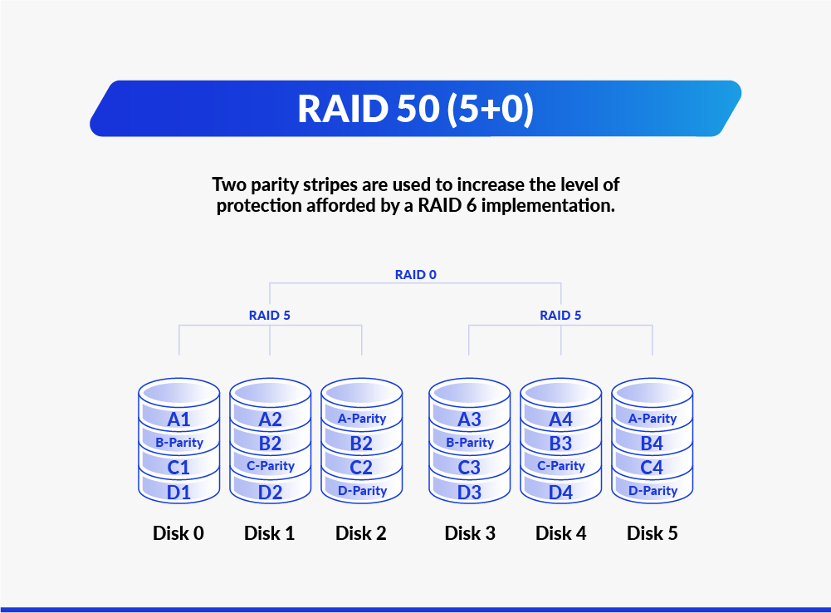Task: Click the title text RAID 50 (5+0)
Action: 415,109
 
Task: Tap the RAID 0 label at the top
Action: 415,273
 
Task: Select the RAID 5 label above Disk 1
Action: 270,316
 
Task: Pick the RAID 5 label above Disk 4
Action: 560,316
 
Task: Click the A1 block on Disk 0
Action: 178,419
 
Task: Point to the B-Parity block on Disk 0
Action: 178,443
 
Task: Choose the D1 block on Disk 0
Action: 178,493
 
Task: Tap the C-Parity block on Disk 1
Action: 270,466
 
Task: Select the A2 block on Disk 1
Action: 270,419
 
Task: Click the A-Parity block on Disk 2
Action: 362,419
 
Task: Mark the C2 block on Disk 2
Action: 361,468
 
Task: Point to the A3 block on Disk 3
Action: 469,419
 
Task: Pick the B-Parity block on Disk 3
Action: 469,443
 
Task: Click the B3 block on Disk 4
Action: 560,443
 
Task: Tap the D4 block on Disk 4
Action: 560,493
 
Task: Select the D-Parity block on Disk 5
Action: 653,491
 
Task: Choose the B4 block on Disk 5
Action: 652,443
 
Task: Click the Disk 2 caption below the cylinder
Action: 361,533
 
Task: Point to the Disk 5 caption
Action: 652,533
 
